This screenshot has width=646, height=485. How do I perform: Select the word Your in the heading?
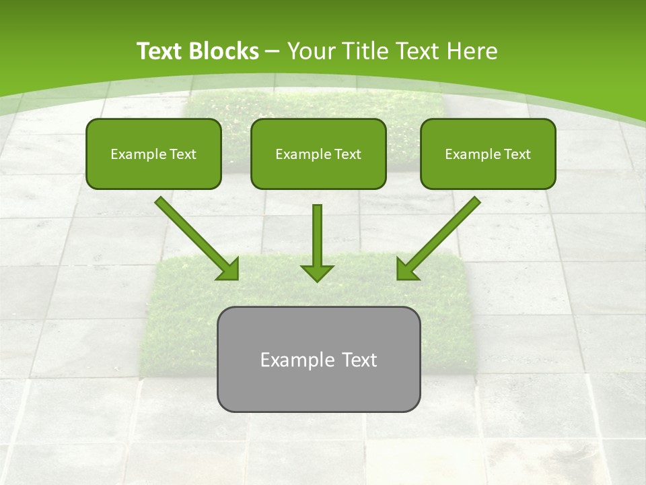(x=309, y=51)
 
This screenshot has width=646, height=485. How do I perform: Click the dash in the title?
(x=273, y=51)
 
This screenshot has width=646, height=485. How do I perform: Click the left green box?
(x=153, y=154)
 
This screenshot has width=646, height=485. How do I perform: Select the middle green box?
(x=318, y=154)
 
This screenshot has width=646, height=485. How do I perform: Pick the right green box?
(x=488, y=154)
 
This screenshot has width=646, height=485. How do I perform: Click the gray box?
(x=318, y=359)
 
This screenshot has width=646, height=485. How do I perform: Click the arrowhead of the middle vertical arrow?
(x=317, y=271)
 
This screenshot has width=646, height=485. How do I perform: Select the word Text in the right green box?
(x=517, y=154)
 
